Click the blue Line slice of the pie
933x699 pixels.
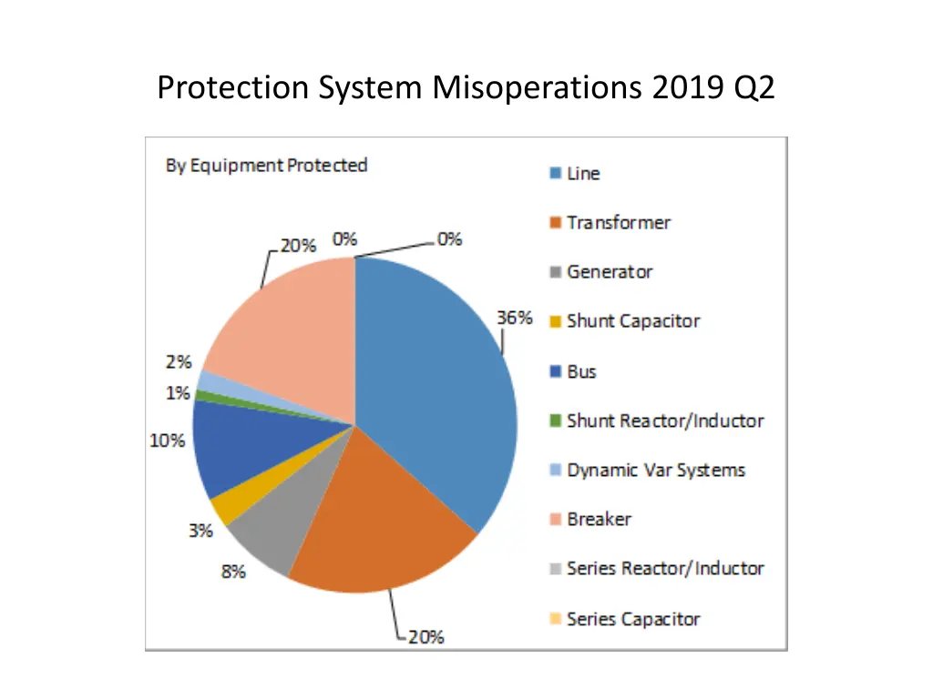[437, 382]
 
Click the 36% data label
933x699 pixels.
[514, 318]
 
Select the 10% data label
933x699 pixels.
[168, 441]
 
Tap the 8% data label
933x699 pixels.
[232, 572]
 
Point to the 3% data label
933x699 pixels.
[200, 531]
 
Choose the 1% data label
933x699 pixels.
[178, 393]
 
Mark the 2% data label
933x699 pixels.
[178, 361]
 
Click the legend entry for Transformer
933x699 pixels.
[618, 223]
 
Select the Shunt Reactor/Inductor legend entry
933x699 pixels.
[664, 420]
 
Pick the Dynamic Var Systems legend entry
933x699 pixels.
[655, 471]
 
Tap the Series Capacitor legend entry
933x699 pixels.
[632, 619]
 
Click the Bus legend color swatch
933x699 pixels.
[555, 372]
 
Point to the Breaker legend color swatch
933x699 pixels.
[555, 520]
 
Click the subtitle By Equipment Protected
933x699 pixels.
[266, 166]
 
